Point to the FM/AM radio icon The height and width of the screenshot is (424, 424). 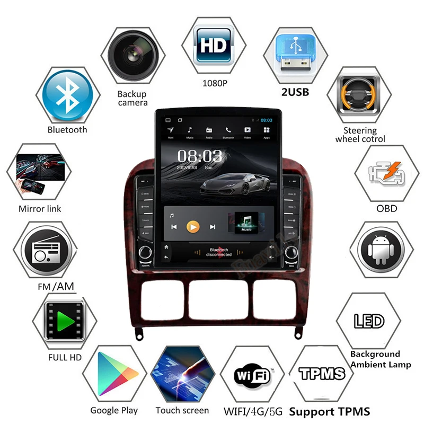click(42, 251)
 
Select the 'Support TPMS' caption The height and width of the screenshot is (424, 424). click(329, 411)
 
